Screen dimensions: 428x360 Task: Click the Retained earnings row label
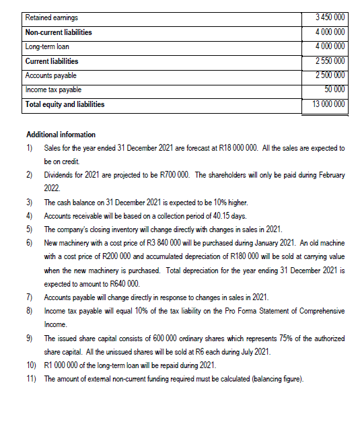coord(49,17)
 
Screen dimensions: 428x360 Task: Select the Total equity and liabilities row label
coord(65,104)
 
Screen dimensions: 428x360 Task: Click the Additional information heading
coord(60,135)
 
